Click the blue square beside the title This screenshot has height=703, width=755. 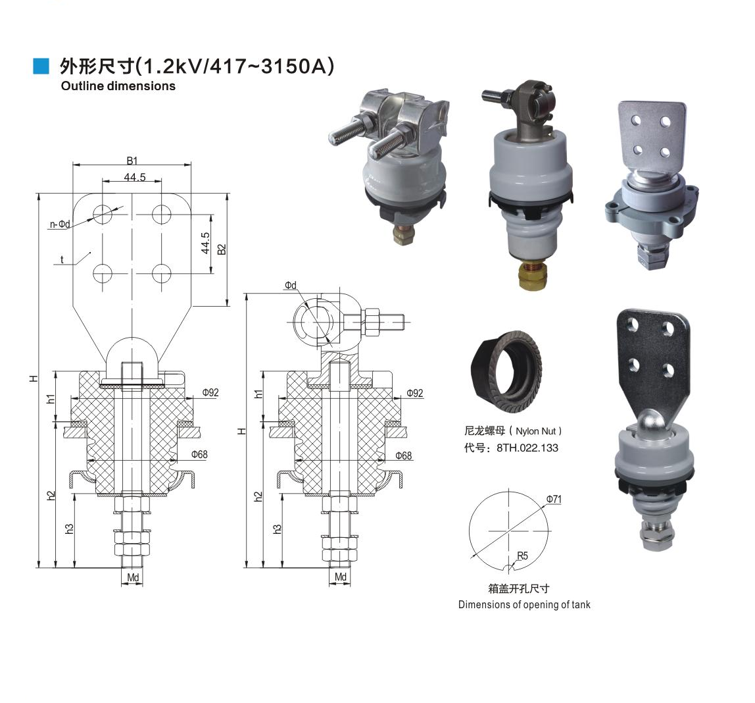(x=41, y=66)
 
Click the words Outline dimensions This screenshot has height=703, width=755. (x=118, y=86)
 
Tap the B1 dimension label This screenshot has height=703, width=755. (x=132, y=161)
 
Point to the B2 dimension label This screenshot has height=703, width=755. (x=222, y=249)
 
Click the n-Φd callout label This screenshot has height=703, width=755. (x=61, y=224)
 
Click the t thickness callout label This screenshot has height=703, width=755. (x=62, y=260)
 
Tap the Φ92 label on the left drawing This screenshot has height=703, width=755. (x=210, y=392)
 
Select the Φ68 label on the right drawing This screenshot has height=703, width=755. (x=404, y=456)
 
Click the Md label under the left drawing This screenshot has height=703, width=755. (x=133, y=577)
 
